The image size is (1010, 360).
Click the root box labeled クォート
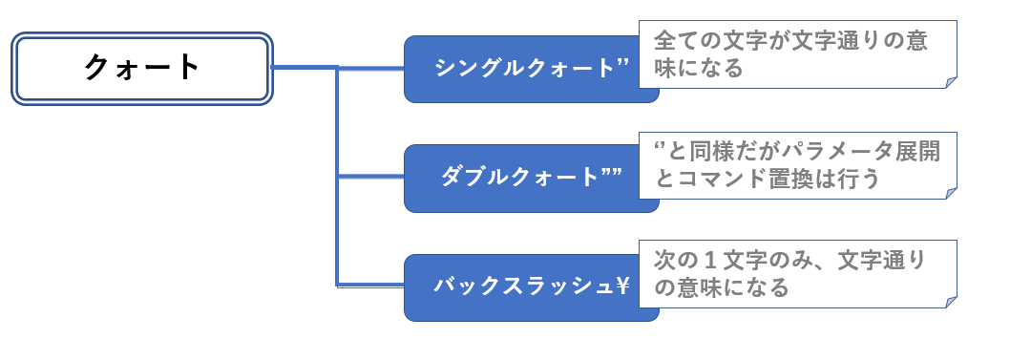point(142,69)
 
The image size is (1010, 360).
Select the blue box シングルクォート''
point(531,69)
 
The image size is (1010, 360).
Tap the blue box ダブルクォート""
point(531,178)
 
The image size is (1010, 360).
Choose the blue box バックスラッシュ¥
point(531,287)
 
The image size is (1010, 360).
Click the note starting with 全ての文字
point(798,55)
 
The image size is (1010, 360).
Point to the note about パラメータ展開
point(798,164)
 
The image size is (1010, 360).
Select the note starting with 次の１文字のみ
point(798,274)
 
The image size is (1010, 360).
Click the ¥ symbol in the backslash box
point(621,286)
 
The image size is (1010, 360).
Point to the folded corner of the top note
point(951,83)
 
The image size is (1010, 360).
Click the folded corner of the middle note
point(951,193)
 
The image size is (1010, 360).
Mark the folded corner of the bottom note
point(951,302)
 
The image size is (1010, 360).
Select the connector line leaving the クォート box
point(304,68)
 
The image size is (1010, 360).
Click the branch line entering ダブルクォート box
point(372,176)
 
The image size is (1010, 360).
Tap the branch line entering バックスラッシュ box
point(372,284)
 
